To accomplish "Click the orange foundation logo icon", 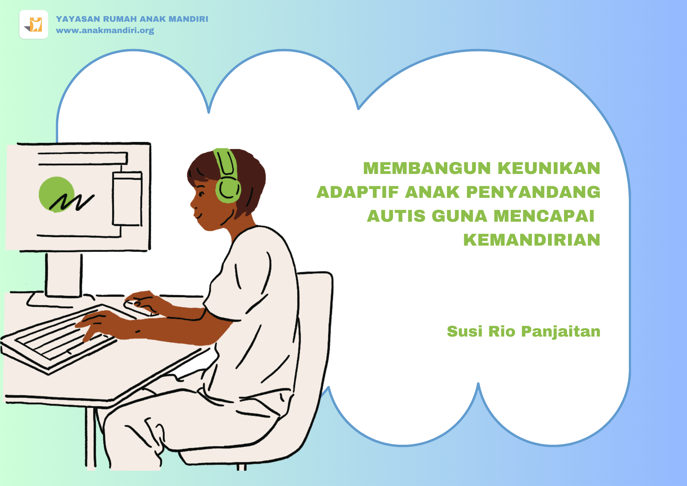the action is pos(34,24).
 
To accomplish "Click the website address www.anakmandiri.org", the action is pos(105,31).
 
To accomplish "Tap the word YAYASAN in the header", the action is pos(78,19).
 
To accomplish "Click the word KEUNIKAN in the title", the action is pos(549,168).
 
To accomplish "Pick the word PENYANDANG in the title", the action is pos(533,192).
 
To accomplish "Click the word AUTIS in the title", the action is pos(396,216).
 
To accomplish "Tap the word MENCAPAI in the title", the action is pos(544,216).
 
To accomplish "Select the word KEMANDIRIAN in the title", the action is pos(532,240).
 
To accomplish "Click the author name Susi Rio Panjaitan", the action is pos(524,332).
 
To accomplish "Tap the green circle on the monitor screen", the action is pos(56,194).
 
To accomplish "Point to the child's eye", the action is pos(201,194).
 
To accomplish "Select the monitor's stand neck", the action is pos(64,274).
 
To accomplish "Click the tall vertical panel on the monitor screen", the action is pos(127,199).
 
